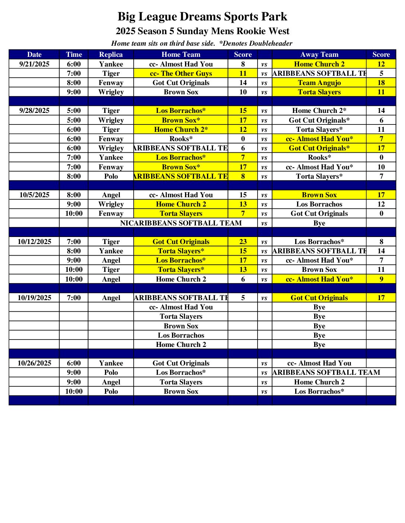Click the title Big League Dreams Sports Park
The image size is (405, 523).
point(202,17)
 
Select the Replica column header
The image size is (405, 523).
point(111,55)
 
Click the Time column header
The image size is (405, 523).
point(74,55)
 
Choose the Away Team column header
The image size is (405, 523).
point(319,55)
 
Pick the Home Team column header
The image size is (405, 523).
point(181,55)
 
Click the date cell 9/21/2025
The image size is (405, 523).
point(34,64)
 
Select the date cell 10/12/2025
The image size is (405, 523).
point(34,242)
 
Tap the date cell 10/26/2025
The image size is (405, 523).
point(34,363)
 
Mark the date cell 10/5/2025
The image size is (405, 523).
point(34,195)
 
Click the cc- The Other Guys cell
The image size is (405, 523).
point(181,74)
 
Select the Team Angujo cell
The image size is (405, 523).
point(319,83)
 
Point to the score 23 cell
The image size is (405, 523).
point(243,242)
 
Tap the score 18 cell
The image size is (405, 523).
point(381,83)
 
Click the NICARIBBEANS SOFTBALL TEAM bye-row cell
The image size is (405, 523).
point(181,223)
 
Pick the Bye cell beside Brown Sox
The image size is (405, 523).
point(319,326)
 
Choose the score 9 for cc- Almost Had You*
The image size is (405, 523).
point(381,279)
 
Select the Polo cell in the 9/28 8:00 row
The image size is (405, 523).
point(111,176)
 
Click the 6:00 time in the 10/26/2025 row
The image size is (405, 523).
point(74,363)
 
